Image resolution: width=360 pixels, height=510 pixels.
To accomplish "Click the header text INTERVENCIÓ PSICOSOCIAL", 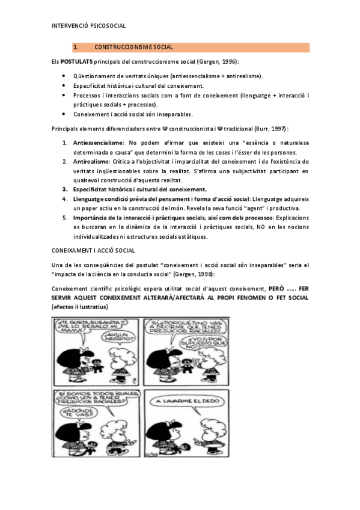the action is point(88,26).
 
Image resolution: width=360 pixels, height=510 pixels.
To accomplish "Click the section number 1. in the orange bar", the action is point(76,47).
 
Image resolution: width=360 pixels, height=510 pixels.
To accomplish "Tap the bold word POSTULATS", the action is point(76,62).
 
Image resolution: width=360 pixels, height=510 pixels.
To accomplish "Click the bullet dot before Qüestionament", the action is point(64,76).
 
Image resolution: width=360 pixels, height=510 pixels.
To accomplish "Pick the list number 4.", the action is point(66,199).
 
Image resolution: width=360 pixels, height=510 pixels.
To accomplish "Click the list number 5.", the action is point(66,218).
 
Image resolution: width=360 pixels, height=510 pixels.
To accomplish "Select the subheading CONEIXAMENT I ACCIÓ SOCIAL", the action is point(93,250).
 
